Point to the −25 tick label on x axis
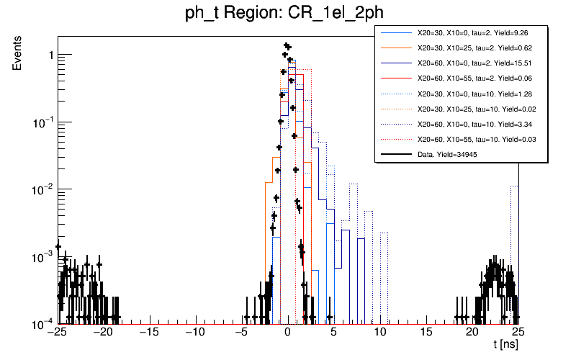tap(55, 332)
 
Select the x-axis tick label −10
tap(194, 332)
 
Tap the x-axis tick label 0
tap(288, 332)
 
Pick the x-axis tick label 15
tap(426, 332)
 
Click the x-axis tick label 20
tap(472, 332)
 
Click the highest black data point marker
tap(286, 45)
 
